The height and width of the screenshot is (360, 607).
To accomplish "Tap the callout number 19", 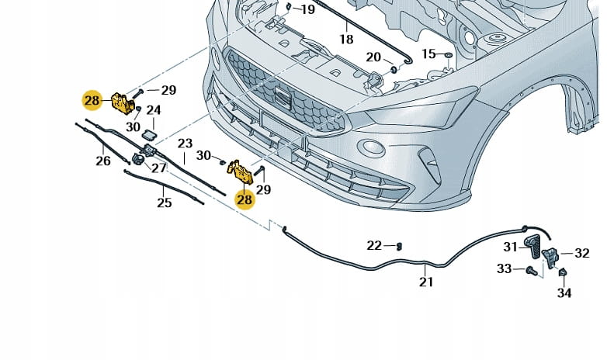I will [307, 10].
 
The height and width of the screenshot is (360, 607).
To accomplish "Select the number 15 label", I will [429, 54].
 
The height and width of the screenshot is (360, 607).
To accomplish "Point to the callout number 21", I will [426, 282].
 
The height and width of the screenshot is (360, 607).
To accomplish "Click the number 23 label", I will [185, 144].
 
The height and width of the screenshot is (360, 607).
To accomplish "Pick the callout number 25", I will [164, 203].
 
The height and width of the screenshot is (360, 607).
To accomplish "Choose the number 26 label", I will [103, 161].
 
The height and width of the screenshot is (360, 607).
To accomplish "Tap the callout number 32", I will [581, 253].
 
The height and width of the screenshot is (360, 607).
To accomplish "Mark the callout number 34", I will [564, 292].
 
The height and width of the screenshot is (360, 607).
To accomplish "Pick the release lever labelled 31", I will [534, 249].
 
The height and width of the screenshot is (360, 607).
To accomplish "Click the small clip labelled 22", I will [398, 247].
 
